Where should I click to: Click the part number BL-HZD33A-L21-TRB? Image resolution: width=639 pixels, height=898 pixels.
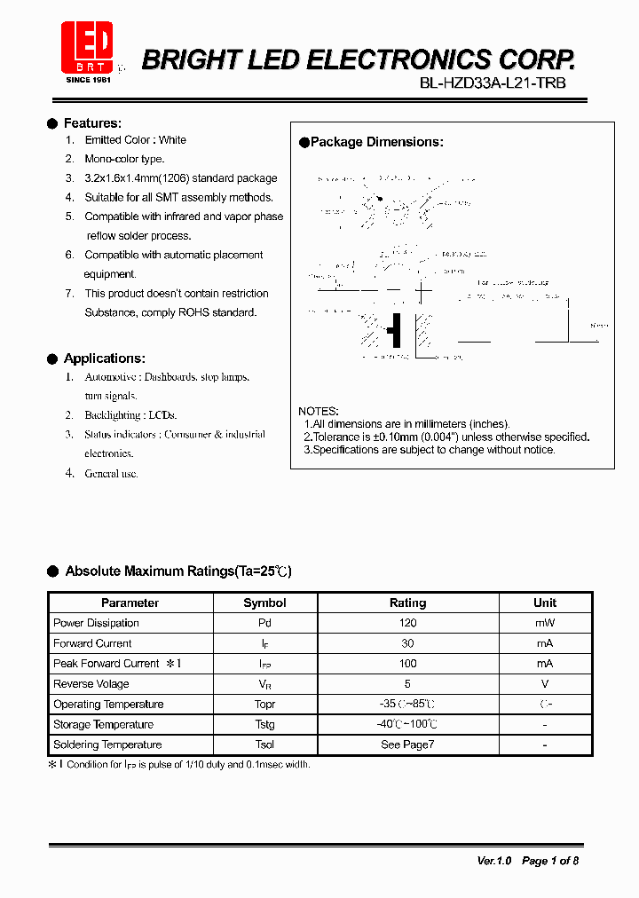(493, 83)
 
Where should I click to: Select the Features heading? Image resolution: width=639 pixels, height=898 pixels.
(92, 123)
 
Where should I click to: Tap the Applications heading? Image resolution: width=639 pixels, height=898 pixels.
(104, 358)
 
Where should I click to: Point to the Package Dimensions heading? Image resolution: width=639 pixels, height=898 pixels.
(376, 142)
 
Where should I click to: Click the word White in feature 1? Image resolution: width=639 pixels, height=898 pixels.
(172, 140)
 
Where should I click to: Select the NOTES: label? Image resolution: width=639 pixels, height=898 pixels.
(318, 412)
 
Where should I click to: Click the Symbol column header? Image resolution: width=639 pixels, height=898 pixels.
(264, 603)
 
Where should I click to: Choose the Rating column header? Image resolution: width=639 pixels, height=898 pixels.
(408, 603)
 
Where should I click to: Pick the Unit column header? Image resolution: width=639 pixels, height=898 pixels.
(545, 603)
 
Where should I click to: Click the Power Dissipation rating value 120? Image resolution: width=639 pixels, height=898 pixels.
(408, 623)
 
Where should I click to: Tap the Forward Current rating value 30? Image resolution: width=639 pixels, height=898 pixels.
(408, 643)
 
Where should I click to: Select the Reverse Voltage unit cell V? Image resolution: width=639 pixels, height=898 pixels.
(545, 684)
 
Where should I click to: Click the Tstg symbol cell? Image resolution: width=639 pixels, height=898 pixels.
(264, 725)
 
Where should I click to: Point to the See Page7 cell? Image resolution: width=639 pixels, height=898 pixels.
(408, 745)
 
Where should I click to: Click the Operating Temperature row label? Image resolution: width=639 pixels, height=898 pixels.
(108, 705)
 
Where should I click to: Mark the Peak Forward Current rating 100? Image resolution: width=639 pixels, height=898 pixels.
(408, 664)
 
